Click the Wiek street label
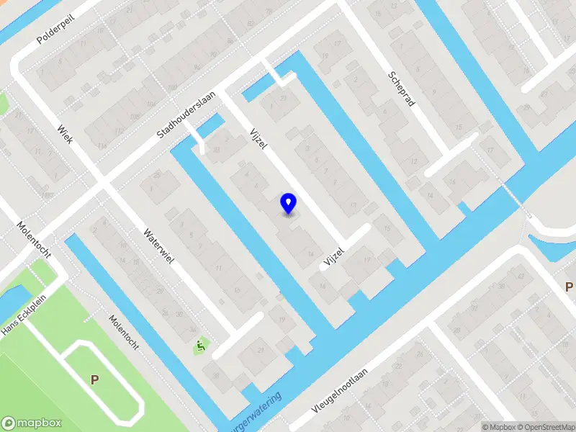(x=64, y=133)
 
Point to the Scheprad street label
(x=402, y=89)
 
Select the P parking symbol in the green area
(x=94, y=379)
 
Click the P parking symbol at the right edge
(x=569, y=287)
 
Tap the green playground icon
(x=199, y=347)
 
